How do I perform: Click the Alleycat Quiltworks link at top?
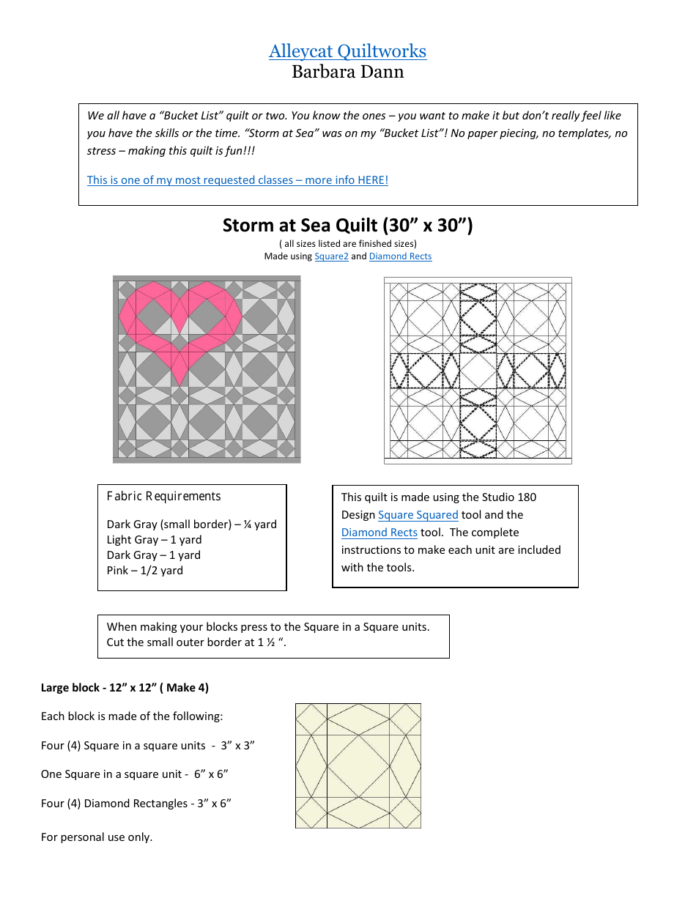[x=347, y=51]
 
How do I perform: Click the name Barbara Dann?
[x=347, y=72]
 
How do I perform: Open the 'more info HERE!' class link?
[x=237, y=180]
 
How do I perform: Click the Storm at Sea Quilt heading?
[x=347, y=225]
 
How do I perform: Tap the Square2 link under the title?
[x=331, y=256]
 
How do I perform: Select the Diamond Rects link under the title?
[x=400, y=256]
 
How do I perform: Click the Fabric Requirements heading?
[x=163, y=497]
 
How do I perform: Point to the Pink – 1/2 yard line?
[x=145, y=571]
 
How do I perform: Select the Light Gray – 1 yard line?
[x=154, y=540]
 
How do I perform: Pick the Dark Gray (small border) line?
[x=191, y=524]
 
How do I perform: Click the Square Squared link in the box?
[x=418, y=515]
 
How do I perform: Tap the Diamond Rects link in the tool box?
[x=379, y=533]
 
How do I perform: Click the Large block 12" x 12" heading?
[x=125, y=688]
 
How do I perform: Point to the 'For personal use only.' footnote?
[x=97, y=837]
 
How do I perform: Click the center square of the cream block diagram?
[x=358, y=766]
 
